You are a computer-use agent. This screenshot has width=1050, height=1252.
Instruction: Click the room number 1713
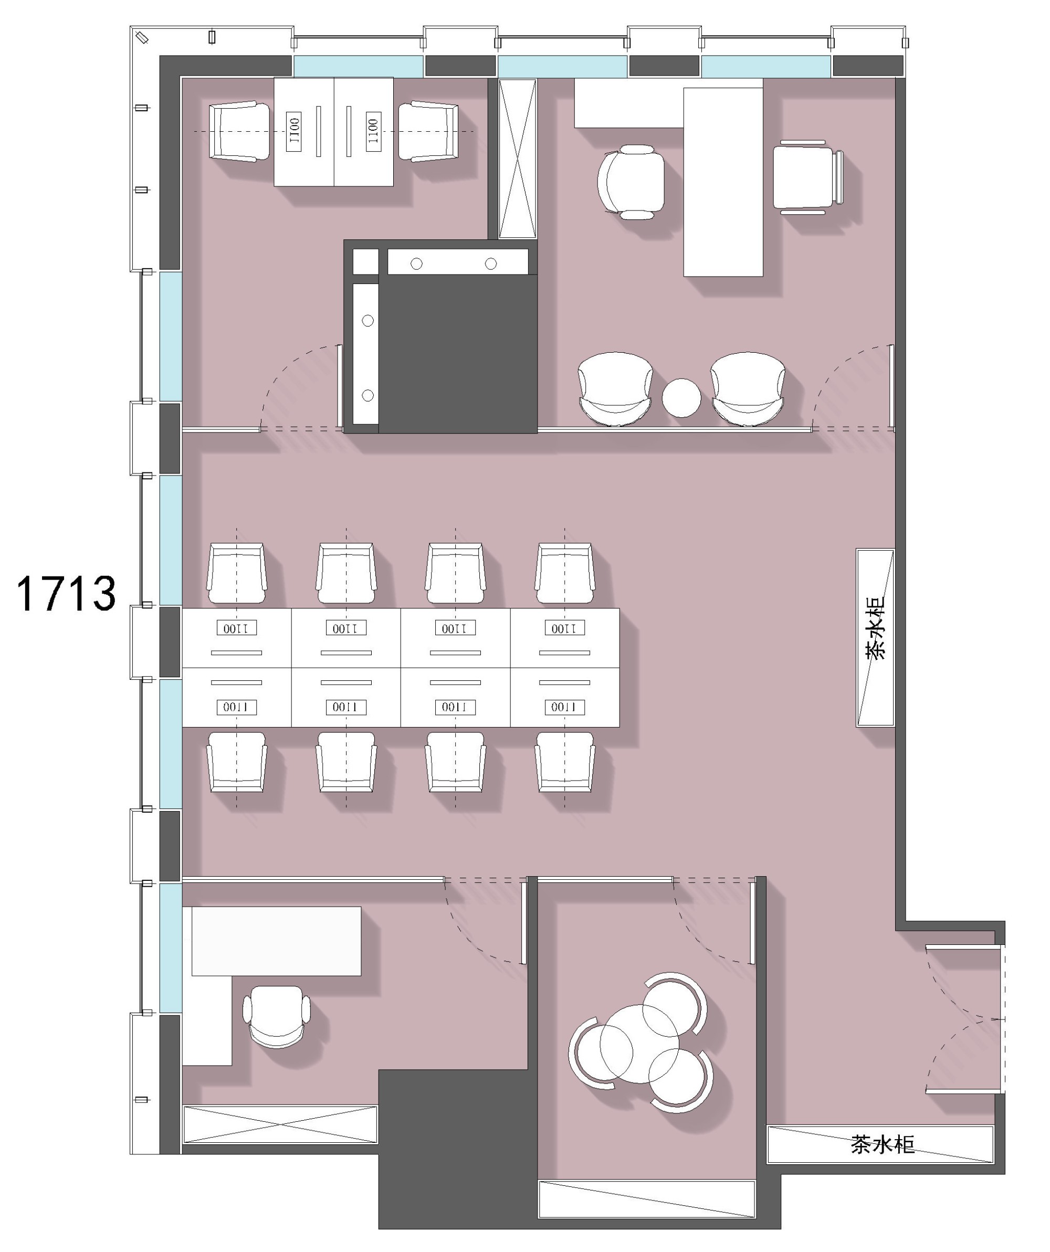pyautogui.click(x=66, y=594)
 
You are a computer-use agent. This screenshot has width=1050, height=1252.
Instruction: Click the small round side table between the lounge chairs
pyautogui.click(x=681, y=398)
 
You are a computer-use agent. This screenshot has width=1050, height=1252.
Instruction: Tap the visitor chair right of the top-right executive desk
pyautogui.click(x=808, y=177)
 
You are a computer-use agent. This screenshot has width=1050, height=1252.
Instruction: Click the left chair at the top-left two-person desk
pyautogui.click(x=239, y=131)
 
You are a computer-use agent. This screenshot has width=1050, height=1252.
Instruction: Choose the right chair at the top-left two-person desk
pyautogui.click(x=428, y=131)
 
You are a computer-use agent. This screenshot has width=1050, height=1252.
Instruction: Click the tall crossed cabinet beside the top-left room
pyautogui.click(x=518, y=159)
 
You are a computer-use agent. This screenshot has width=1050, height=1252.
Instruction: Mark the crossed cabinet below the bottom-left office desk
pyautogui.click(x=280, y=1124)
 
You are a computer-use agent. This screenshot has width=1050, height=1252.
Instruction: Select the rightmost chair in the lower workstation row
pyautogui.click(x=565, y=762)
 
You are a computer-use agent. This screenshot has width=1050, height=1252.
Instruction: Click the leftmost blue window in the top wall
pyautogui.click(x=359, y=66)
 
